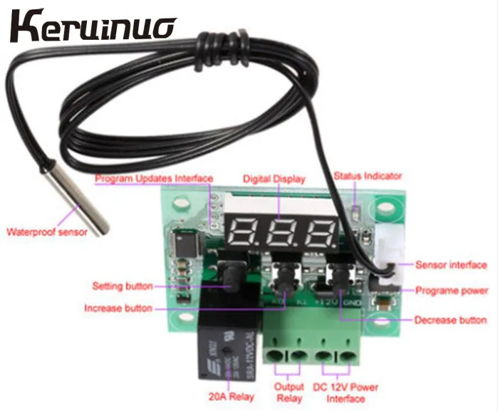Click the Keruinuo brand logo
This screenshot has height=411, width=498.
tap(93, 28)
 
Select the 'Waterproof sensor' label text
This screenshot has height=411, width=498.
tap(47, 231)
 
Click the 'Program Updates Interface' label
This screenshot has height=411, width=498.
tap(154, 178)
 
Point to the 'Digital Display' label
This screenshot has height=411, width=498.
tap(274, 179)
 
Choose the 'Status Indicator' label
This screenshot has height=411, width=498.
tap(368, 175)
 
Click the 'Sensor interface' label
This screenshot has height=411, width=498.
tap(451, 265)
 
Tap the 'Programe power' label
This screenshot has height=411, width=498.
tap(452, 291)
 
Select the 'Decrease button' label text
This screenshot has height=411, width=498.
tap(450, 321)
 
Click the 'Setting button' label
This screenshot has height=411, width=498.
tap(122, 286)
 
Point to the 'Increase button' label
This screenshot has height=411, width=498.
tap(118, 308)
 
